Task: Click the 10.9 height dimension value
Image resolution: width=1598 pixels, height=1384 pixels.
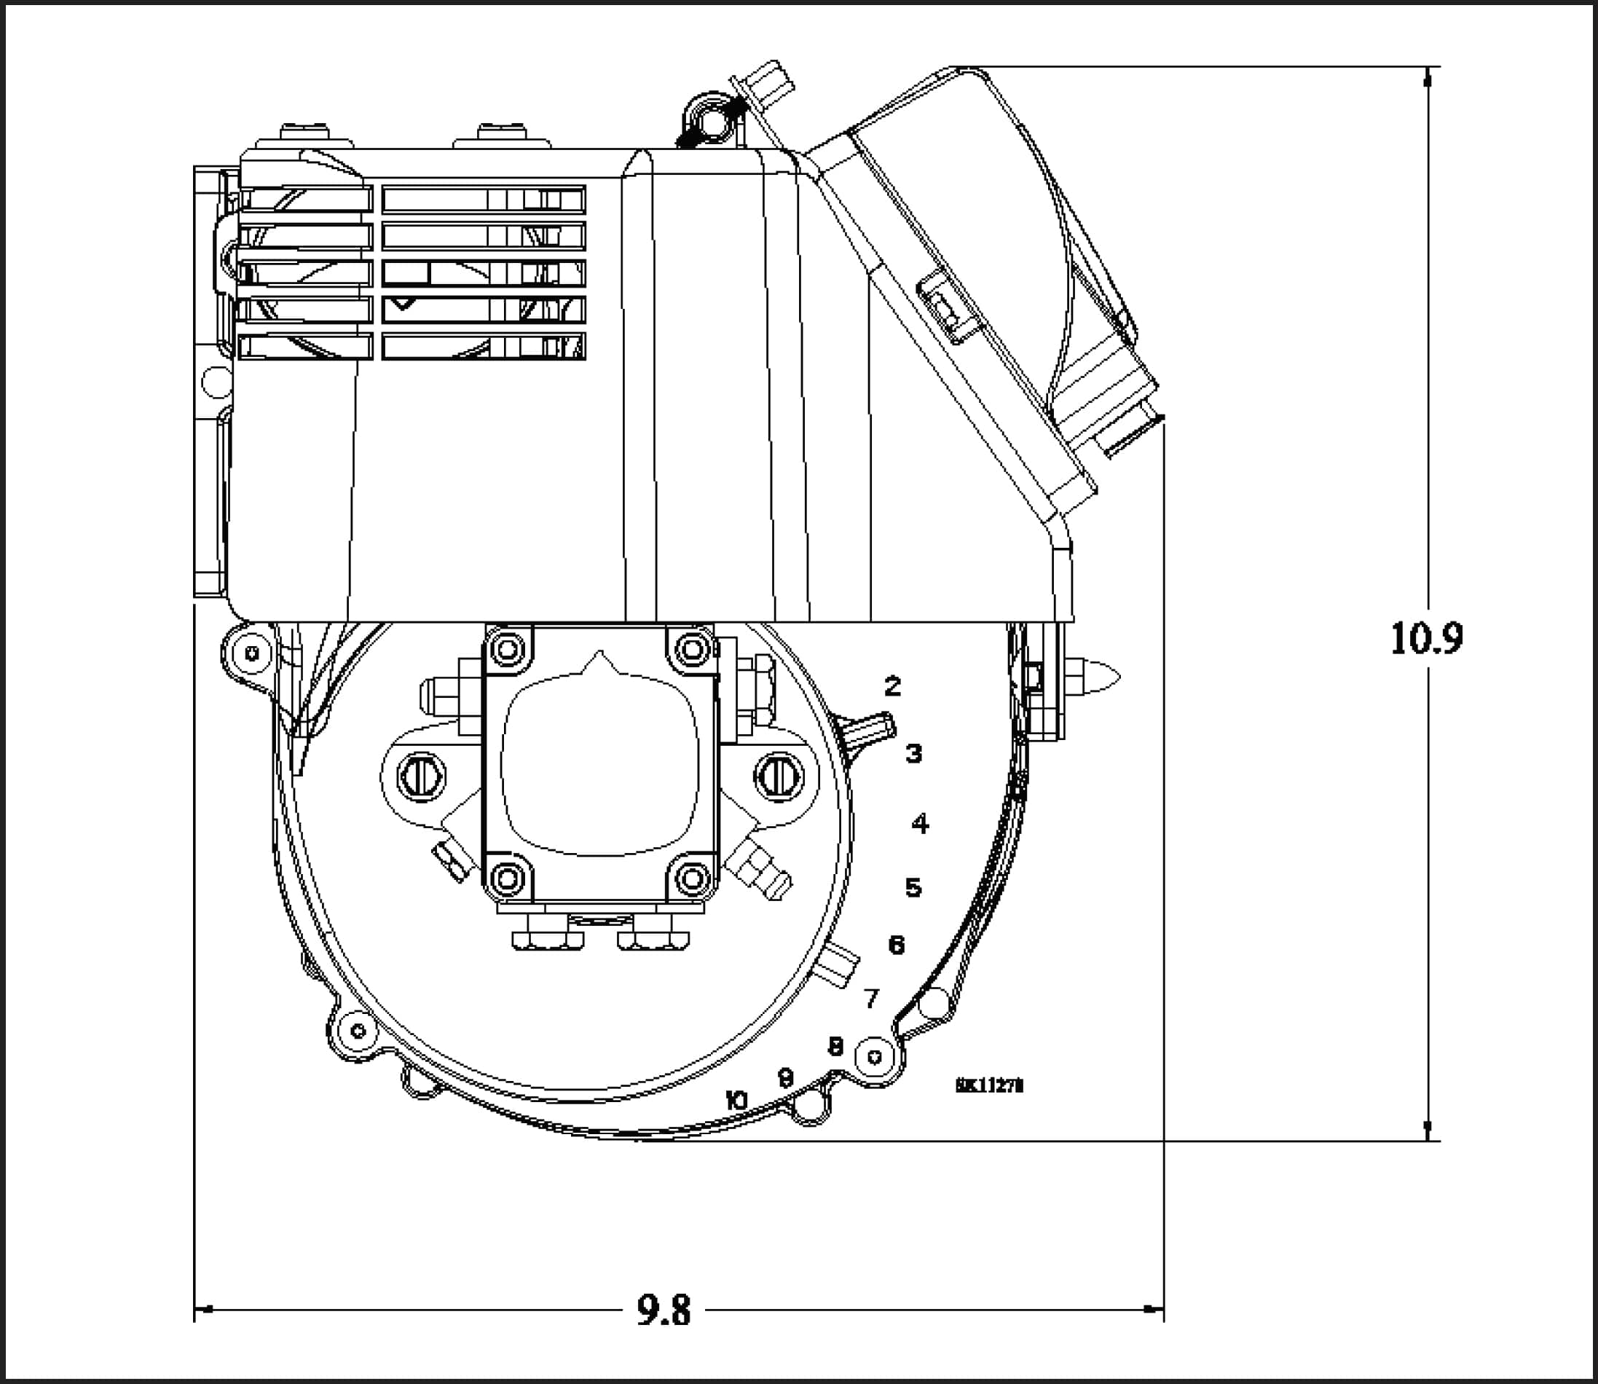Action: click(x=1426, y=639)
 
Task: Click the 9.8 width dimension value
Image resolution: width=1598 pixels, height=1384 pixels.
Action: click(x=664, y=1310)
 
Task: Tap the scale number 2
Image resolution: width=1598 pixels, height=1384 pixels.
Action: click(x=893, y=685)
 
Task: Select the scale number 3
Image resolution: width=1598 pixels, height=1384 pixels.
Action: click(x=913, y=753)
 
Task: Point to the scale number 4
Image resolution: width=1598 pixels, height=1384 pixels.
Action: click(x=920, y=823)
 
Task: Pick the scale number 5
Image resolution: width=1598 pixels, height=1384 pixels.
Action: click(x=913, y=887)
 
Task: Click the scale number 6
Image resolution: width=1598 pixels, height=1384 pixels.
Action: click(x=897, y=945)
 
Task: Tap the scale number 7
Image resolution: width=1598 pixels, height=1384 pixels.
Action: click(x=872, y=999)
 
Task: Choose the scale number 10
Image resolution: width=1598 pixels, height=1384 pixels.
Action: click(x=737, y=1101)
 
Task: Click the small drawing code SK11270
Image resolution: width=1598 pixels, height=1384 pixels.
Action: click(x=989, y=1085)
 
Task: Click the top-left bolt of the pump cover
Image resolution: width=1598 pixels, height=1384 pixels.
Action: click(x=508, y=650)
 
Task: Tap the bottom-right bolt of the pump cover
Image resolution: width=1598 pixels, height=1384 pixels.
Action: click(x=692, y=877)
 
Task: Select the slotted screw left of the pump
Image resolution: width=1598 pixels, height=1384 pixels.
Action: click(x=421, y=776)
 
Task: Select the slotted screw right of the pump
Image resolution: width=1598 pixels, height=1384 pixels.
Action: click(x=779, y=776)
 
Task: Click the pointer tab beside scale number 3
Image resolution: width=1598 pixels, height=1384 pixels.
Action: click(x=869, y=730)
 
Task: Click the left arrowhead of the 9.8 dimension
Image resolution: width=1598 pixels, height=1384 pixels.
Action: click(x=202, y=1309)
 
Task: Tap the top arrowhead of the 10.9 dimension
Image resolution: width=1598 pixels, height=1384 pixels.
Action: click(x=1428, y=77)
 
